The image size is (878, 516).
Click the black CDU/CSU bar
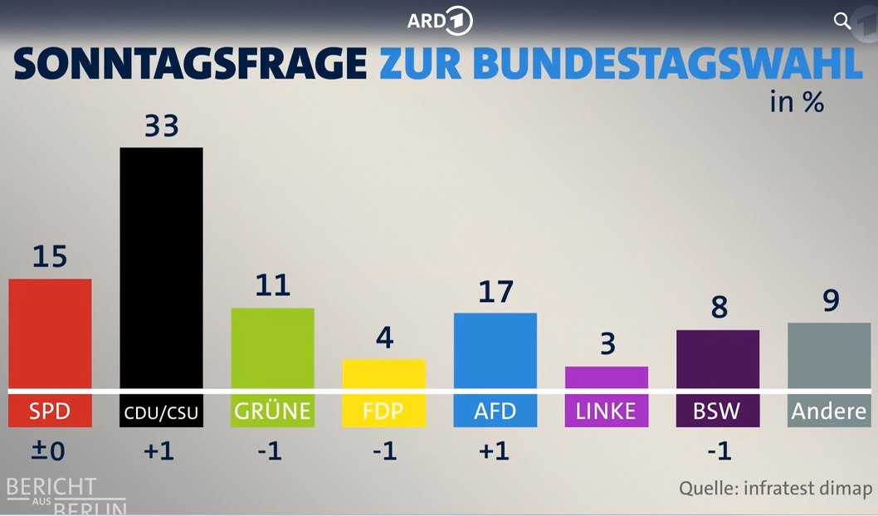tap(161, 267)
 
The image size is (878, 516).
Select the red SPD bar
tap(50, 333)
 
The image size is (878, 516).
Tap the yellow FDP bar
tap(383, 373)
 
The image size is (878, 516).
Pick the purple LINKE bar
tap(606, 377)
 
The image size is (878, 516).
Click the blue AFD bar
tap(495, 350)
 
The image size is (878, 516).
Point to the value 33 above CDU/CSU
tap(162, 127)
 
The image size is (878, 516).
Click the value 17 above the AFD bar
tap(495, 292)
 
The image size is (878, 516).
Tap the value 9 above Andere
tap(830, 300)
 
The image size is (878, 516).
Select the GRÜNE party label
tap(272, 411)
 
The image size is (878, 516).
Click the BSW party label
tap(718, 411)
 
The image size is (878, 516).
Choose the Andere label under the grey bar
tap(829, 411)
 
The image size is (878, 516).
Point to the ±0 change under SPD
tap(49, 451)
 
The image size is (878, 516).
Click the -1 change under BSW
tap(719, 451)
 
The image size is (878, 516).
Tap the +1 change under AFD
tap(495, 451)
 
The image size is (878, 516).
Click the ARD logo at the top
tap(439, 22)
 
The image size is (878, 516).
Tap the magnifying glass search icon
tap(842, 22)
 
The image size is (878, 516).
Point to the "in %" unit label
tap(797, 103)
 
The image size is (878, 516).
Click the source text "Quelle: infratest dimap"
tap(776, 488)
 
